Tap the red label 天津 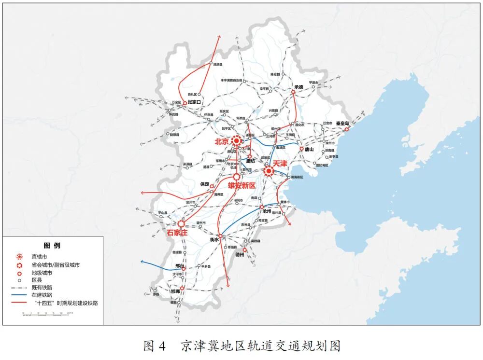pos(280,164)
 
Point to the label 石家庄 pos(177,233)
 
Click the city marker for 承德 pos(293,92)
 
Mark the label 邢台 pos(179,265)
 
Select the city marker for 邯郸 pos(182,288)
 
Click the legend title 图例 pos(52,246)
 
